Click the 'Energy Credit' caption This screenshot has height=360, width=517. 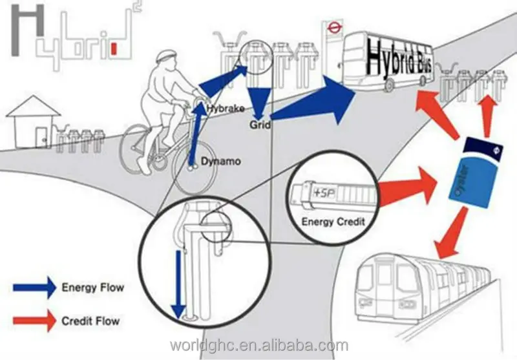tap(333, 222)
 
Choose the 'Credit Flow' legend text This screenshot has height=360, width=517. tap(90, 321)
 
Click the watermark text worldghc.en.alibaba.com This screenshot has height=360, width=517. tap(258, 344)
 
